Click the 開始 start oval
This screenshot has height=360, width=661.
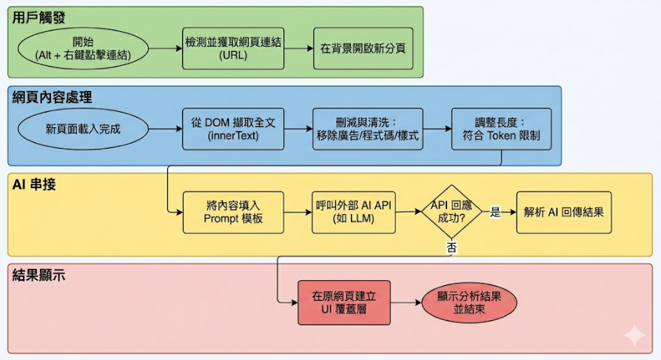coord(83,49)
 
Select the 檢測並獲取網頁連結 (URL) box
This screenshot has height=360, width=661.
coord(233,49)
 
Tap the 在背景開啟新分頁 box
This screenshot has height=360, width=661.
coord(363,49)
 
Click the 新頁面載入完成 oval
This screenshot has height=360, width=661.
coord(83,129)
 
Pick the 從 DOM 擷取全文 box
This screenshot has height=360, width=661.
coord(233,129)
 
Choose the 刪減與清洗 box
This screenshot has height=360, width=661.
coord(368,129)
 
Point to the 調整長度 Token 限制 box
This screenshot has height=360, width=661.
coord(501,129)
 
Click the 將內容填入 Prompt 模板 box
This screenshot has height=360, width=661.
coord(233,213)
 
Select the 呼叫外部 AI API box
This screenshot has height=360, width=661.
coord(354,213)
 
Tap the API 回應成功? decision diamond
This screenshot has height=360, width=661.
coord(452,211)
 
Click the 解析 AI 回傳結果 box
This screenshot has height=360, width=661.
coord(563,213)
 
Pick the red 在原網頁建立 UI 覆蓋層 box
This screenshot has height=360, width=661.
coord(344,303)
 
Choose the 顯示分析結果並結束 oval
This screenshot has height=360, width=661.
coord(469,303)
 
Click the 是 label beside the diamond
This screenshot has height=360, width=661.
coord(495,212)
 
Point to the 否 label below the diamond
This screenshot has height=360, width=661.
coord(452,247)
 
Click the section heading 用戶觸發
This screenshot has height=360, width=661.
coord(38,18)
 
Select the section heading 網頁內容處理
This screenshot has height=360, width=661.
coord(52,98)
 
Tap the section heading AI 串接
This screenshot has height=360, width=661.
coord(34,184)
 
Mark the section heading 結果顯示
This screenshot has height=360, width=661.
coord(38,275)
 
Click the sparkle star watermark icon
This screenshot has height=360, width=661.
coord(634,335)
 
